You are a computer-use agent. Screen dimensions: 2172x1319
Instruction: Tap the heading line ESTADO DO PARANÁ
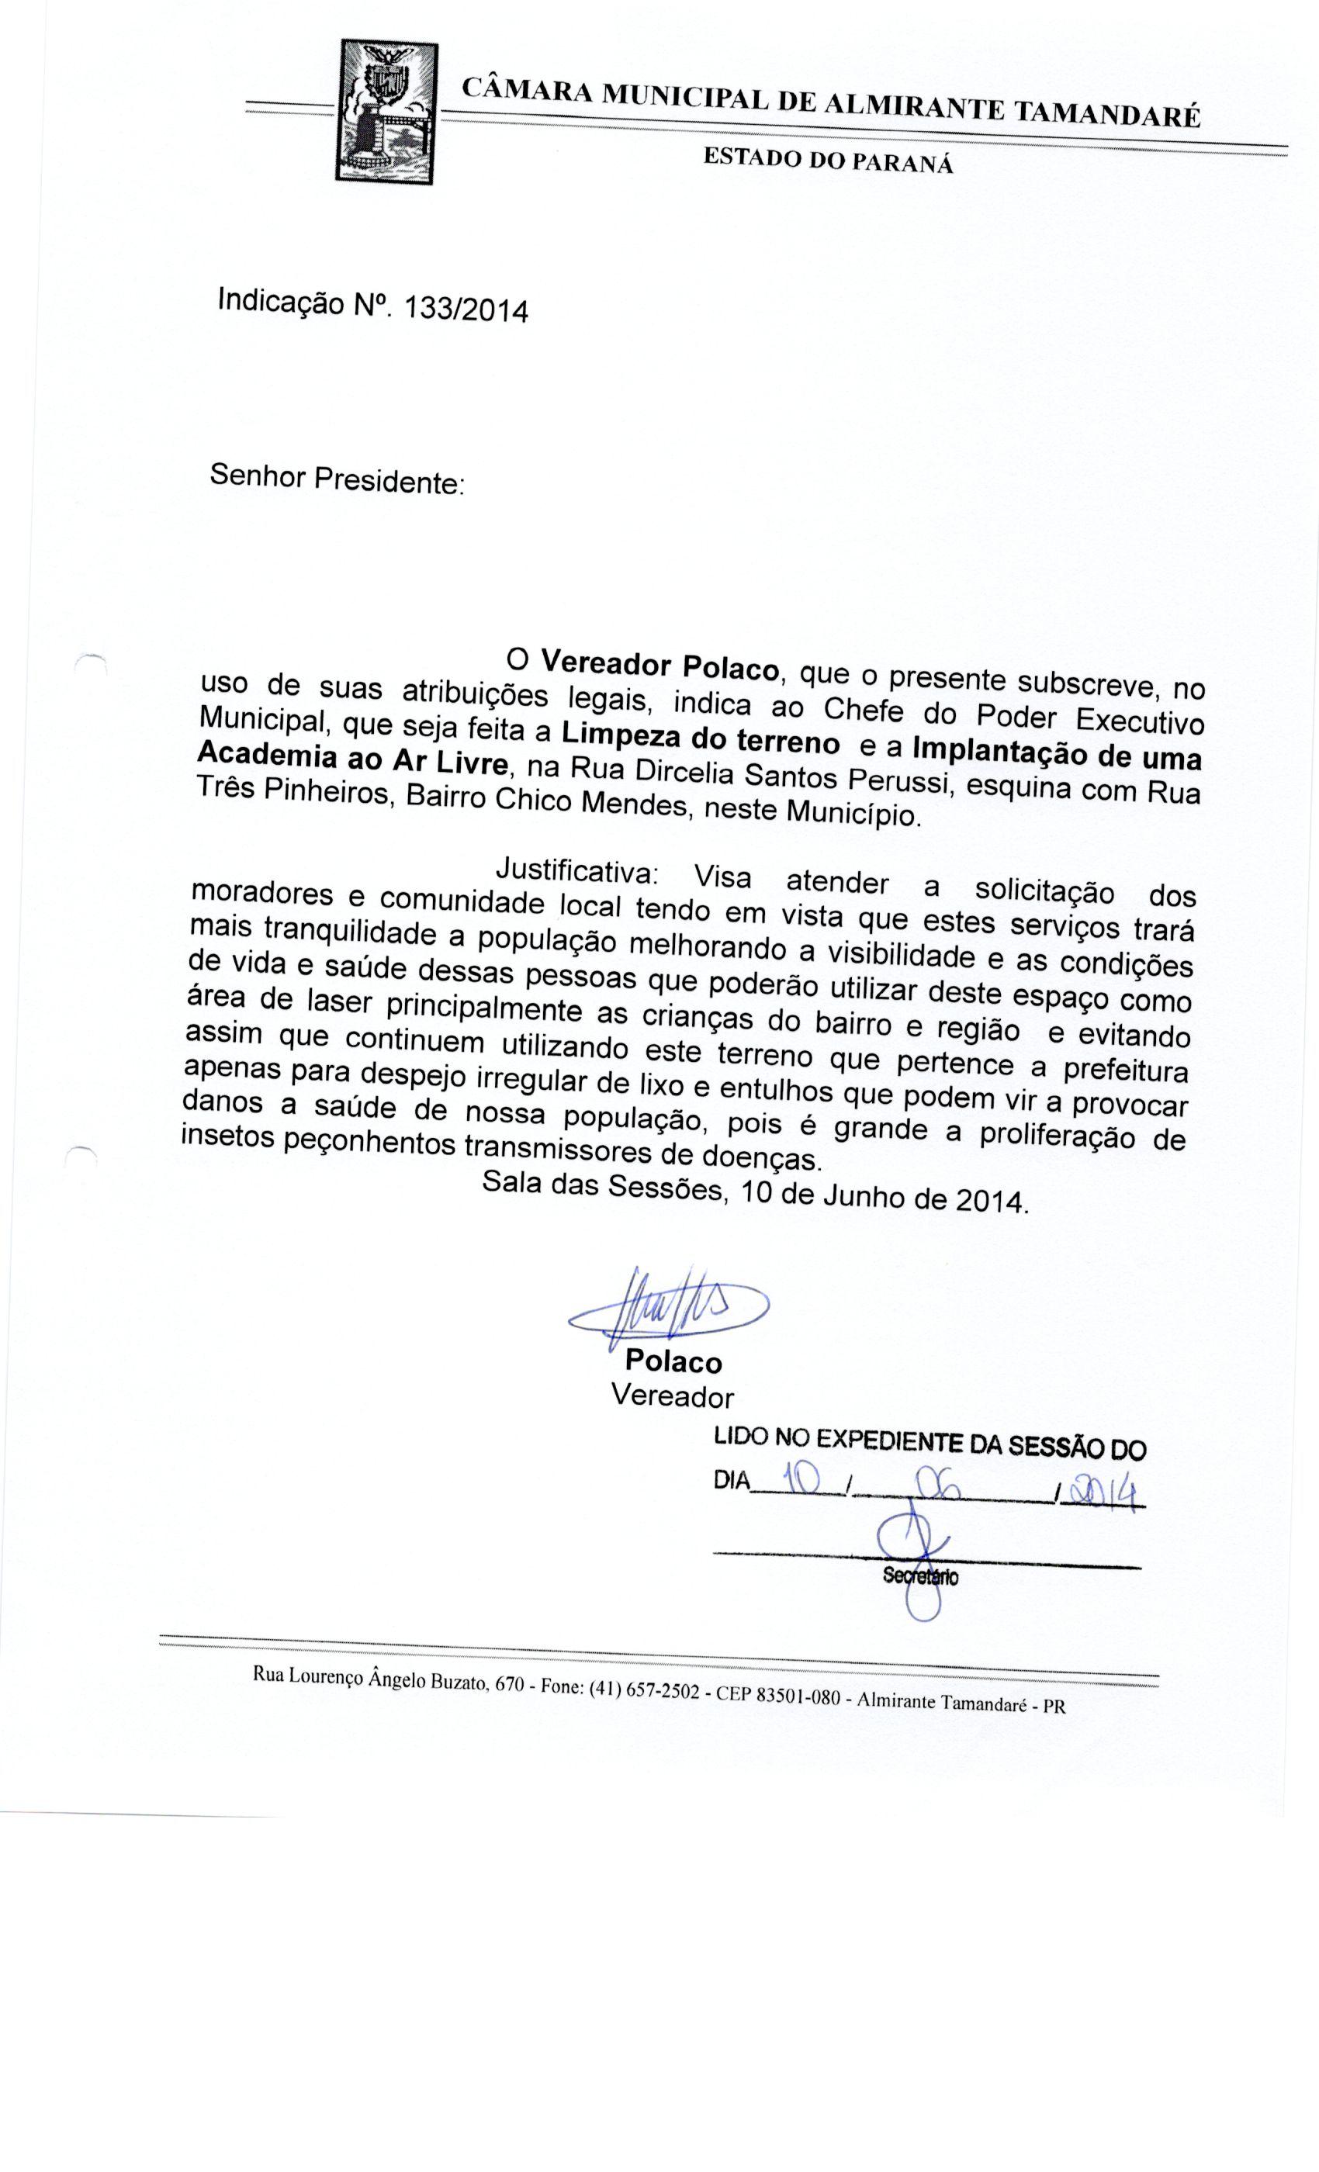tap(828, 160)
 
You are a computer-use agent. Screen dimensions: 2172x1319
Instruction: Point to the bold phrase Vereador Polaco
tap(659, 666)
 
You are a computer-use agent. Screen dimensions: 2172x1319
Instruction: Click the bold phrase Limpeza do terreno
tap(700, 738)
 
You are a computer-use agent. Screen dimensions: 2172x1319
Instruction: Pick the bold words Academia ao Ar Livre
tap(351, 760)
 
